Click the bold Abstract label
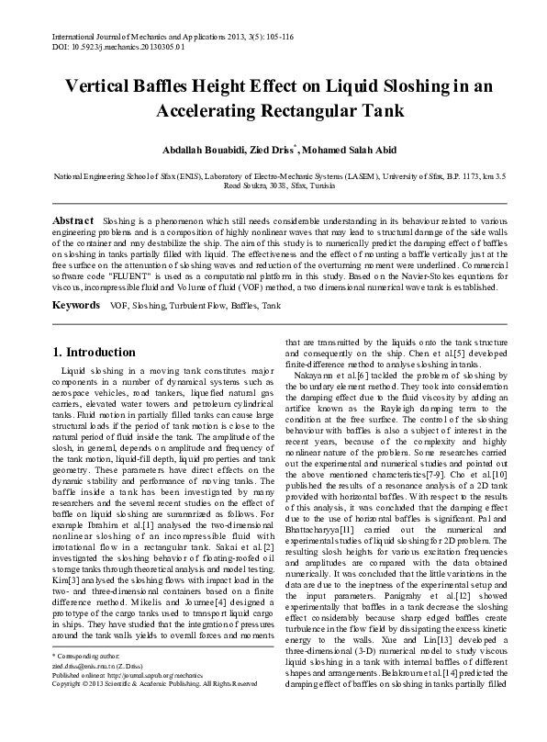pos(73,221)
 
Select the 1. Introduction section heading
pos(95,352)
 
